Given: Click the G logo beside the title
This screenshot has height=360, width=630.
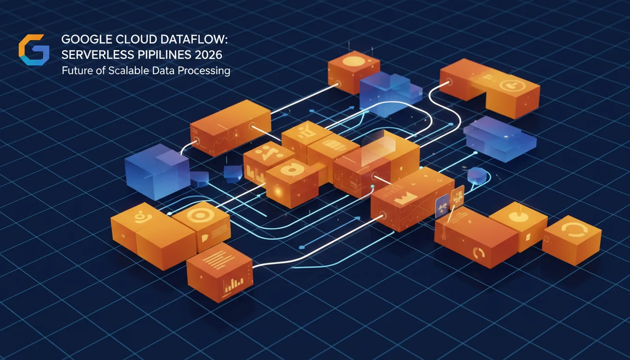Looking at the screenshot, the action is tap(34, 50).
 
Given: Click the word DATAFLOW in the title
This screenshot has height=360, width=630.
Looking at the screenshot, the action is tap(194, 39).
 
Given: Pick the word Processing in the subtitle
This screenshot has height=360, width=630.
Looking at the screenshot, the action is tap(203, 71).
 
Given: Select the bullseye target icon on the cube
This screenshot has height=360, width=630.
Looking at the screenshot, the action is tap(200, 215).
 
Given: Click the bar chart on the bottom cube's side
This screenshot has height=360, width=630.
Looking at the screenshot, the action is tap(233, 285).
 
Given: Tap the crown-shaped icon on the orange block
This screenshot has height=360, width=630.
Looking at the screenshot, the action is tap(405, 199).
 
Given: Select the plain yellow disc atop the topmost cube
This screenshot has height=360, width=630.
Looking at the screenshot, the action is tap(354, 61).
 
